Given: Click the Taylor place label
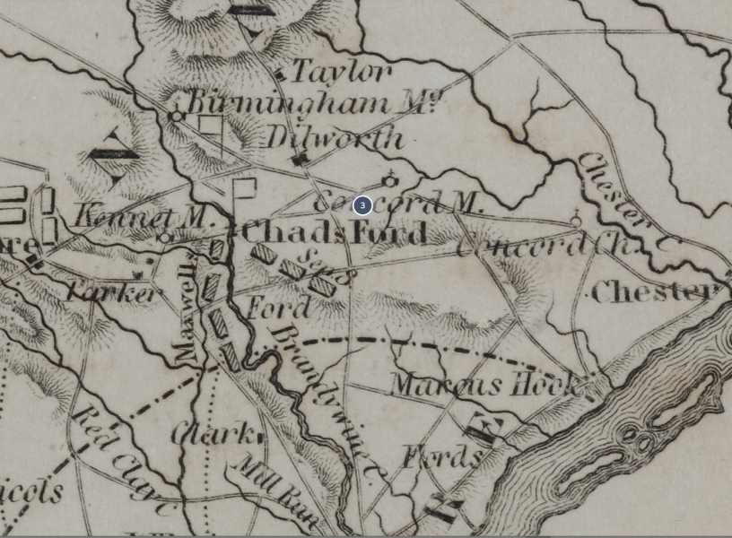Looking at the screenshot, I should tap(342, 72).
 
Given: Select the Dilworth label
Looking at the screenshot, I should tap(334, 138).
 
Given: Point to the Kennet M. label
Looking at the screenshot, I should tap(144, 216).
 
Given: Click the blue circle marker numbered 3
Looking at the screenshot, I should tap(362, 205).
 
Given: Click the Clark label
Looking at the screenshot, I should tap(213, 434).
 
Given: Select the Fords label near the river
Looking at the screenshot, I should tap(440, 457).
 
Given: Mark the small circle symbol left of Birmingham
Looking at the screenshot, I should tap(177, 116).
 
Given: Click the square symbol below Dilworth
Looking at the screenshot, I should tap(301, 160).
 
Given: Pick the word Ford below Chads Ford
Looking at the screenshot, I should tap(278, 308).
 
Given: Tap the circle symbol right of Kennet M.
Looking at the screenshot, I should tap(165, 238).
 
